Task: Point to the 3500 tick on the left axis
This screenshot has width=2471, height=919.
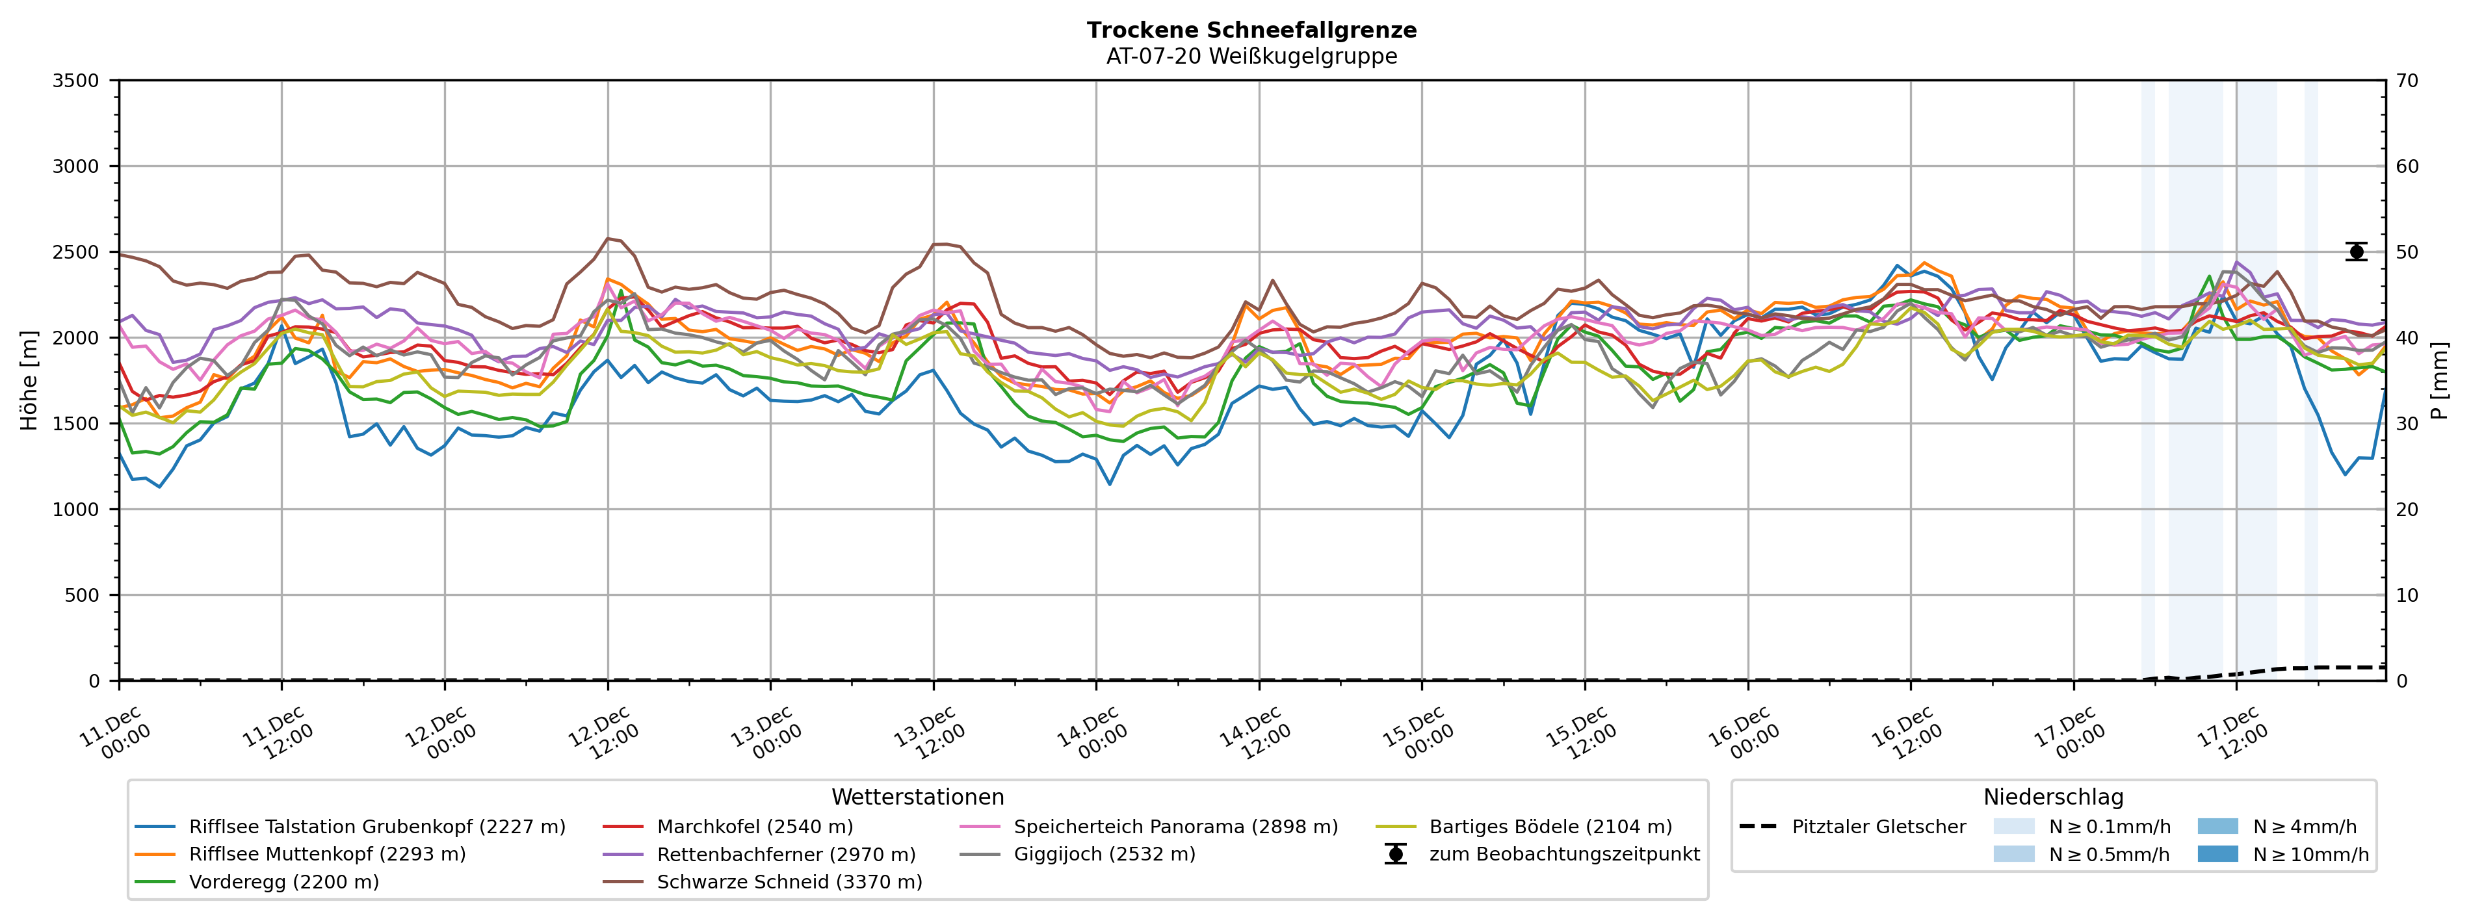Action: (76, 81)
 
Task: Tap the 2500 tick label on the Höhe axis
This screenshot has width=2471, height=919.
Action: (76, 252)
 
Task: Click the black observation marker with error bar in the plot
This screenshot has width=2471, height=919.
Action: (2356, 252)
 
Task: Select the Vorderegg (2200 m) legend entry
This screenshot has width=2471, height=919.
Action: (284, 881)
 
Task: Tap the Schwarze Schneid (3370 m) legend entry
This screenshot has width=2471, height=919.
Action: (789, 881)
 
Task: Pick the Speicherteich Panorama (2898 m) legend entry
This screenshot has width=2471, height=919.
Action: (1175, 827)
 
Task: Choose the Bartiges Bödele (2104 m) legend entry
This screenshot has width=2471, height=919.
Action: (1550, 827)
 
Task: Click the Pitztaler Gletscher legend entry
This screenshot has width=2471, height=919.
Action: (1878, 827)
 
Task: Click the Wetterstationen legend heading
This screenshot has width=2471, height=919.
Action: (917, 797)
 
